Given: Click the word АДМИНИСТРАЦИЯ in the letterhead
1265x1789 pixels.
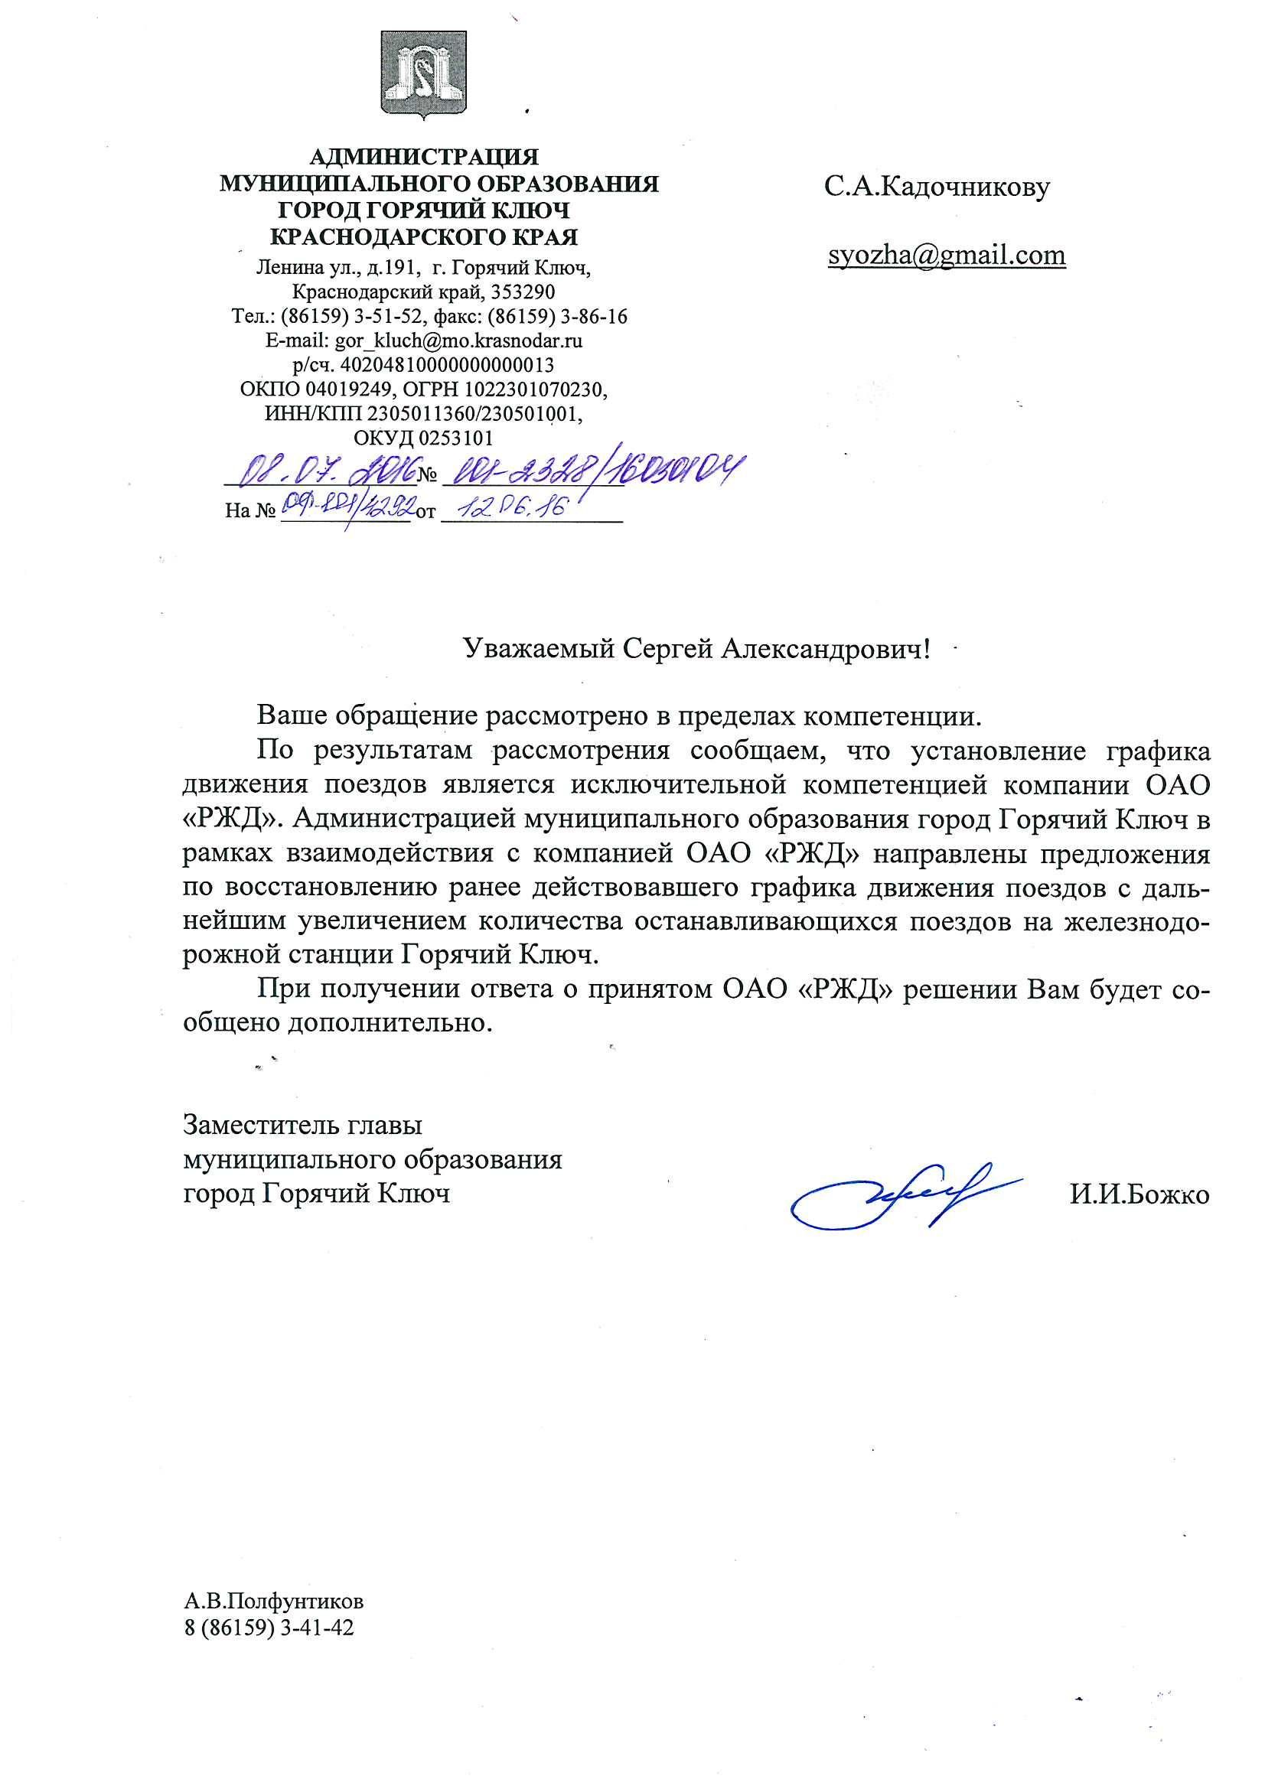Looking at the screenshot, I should tap(424, 158).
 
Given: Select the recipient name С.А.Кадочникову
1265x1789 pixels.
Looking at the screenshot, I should tap(937, 187).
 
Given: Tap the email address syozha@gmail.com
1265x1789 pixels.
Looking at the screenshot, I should tap(946, 256).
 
